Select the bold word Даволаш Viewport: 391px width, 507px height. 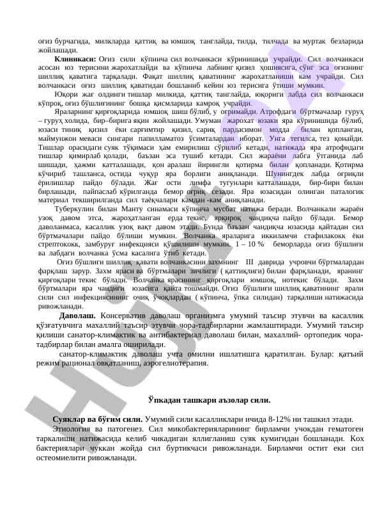(x=78, y=316)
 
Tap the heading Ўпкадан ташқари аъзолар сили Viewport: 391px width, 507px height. (x=209, y=399)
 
